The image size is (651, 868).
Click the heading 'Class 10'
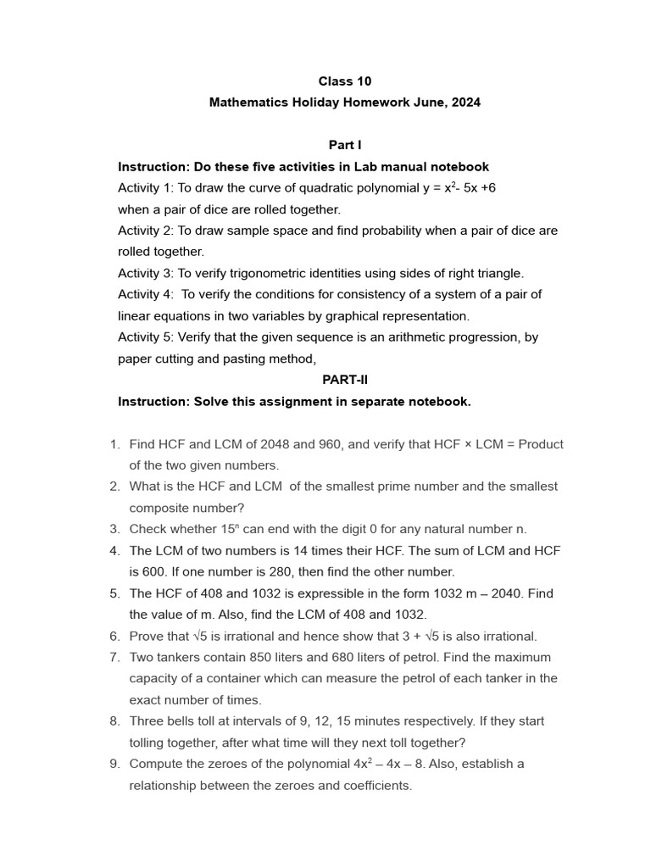click(344, 81)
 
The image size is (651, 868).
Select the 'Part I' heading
click(345, 145)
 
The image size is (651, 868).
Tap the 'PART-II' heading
click(345, 380)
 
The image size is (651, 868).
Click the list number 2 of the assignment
click(114, 487)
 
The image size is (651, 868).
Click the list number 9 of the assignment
click(114, 764)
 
